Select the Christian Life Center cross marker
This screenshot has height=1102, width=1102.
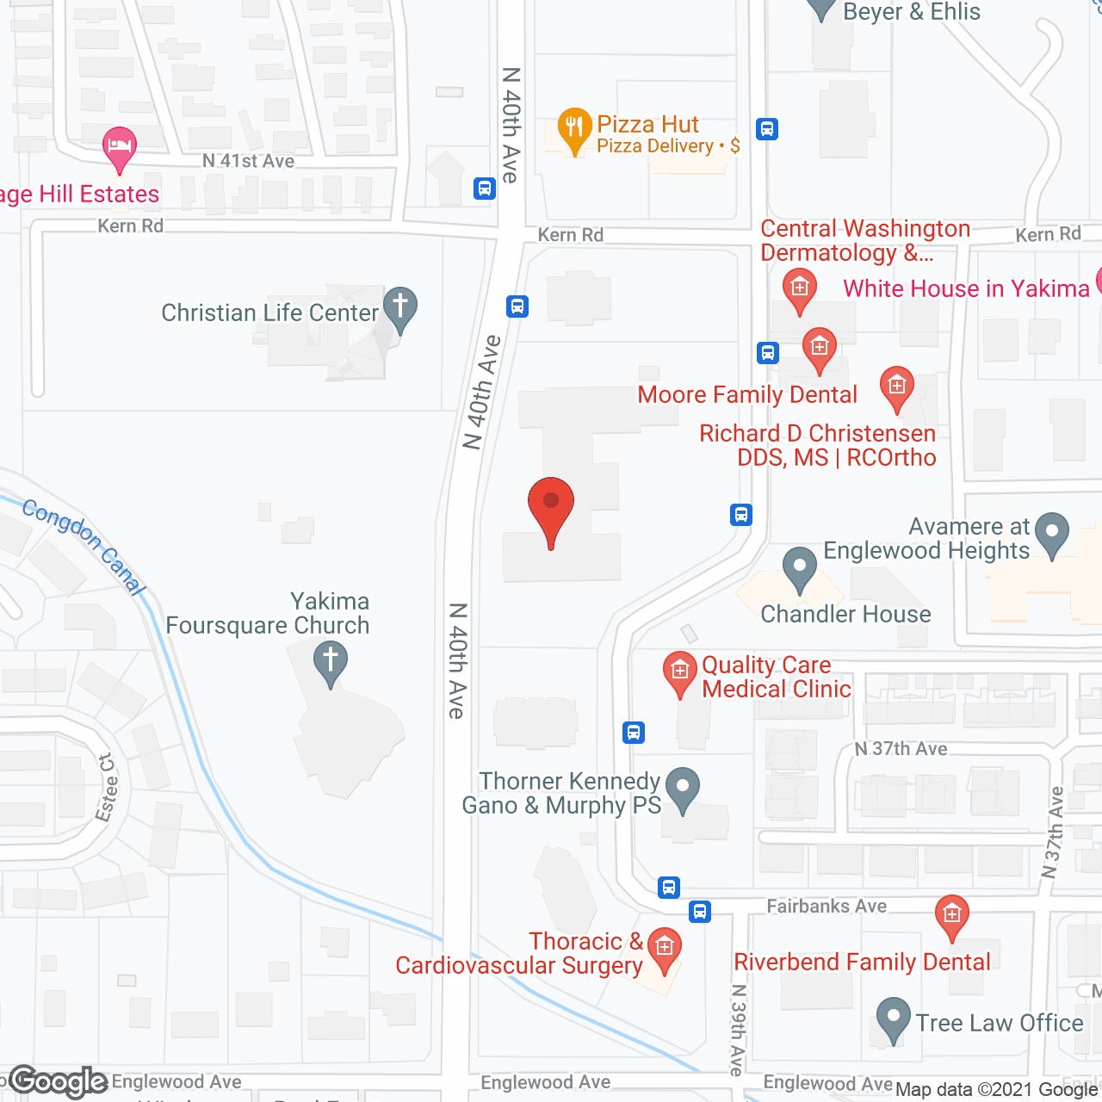[x=399, y=307]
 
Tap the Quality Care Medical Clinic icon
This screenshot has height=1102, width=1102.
[x=679, y=672]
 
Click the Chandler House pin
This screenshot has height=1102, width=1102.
[x=800, y=569]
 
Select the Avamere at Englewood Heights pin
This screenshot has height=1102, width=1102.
[x=1051, y=535]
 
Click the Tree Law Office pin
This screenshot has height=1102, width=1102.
[x=893, y=1019]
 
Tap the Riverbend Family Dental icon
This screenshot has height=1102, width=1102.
[x=951, y=914]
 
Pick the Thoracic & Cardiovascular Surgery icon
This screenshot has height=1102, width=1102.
[x=664, y=948]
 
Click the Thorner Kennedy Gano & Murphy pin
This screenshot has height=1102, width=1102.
[x=684, y=789]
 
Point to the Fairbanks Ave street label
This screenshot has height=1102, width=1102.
[x=826, y=906]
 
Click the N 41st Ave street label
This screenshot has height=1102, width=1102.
[x=248, y=161]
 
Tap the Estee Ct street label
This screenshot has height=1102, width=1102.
[x=107, y=788]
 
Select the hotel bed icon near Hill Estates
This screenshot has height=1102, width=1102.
[x=120, y=145]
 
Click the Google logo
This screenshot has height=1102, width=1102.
[x=59, y=1081]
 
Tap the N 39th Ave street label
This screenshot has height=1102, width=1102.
[x=738, y=1030]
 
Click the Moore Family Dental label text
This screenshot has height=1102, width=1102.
[x=747, y=395]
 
